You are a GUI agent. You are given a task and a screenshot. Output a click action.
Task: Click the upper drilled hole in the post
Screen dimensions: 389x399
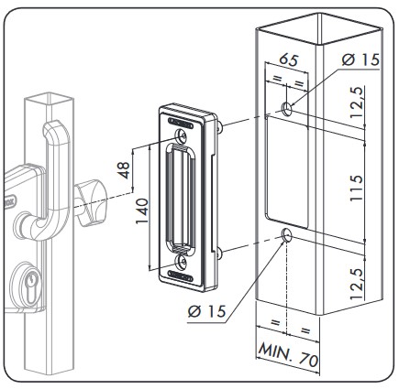[289, 109]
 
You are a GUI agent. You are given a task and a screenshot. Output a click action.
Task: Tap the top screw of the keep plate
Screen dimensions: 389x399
[184, 135]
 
